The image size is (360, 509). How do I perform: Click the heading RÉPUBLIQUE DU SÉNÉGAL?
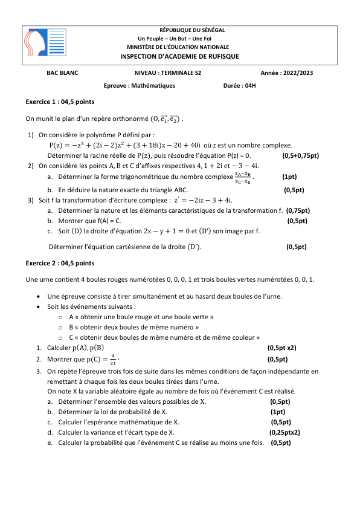(x=191, y=30)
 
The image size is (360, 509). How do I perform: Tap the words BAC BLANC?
(x=62, y=73)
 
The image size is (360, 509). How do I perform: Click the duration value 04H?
(x=248, y=86)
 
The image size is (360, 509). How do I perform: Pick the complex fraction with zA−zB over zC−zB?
(x=243, y=177)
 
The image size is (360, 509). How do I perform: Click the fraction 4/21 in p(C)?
(x=113, y=359)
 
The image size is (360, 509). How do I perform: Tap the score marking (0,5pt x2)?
(x=281, y=348)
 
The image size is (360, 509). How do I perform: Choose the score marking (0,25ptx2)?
(x=284, y=432)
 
